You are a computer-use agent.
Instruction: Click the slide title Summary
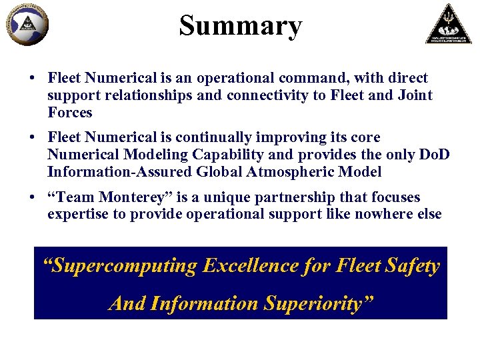click(240, 26)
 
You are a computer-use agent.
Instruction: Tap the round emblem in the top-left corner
click(26, 25)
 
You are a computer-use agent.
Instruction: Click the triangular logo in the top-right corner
click(448, 24)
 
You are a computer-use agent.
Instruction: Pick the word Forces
click(70, 112)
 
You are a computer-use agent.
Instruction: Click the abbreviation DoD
click(435, 155)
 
